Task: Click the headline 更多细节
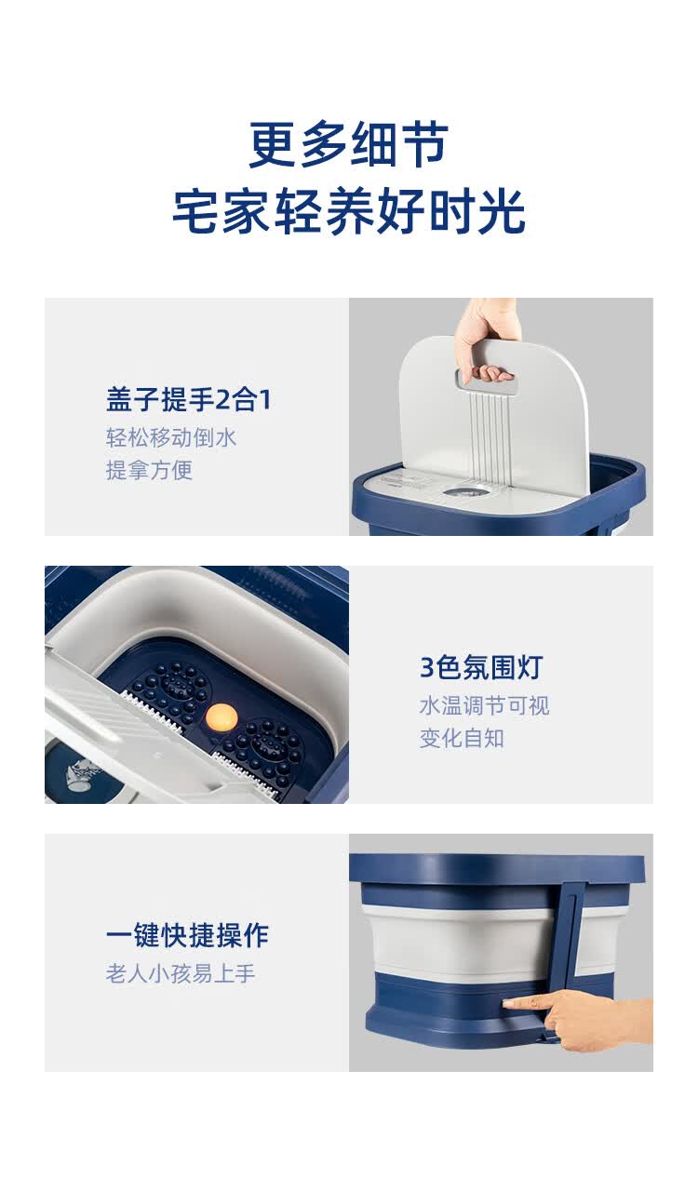click(x=348, y=144)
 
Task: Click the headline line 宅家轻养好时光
click(x=349, y=211)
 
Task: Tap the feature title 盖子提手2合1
click(x=189, y=399)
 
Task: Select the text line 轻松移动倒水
click(x=170, y=438)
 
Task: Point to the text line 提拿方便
click(x=149, y=470)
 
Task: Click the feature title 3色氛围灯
click(x=481, y=667)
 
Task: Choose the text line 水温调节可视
click(x=484, y=705)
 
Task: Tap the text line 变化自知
click(x=462, y=738)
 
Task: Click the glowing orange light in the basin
click(x=221, y=717)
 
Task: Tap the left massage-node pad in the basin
click(x=173, y=689)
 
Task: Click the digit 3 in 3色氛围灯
click(x=426, y=668)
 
